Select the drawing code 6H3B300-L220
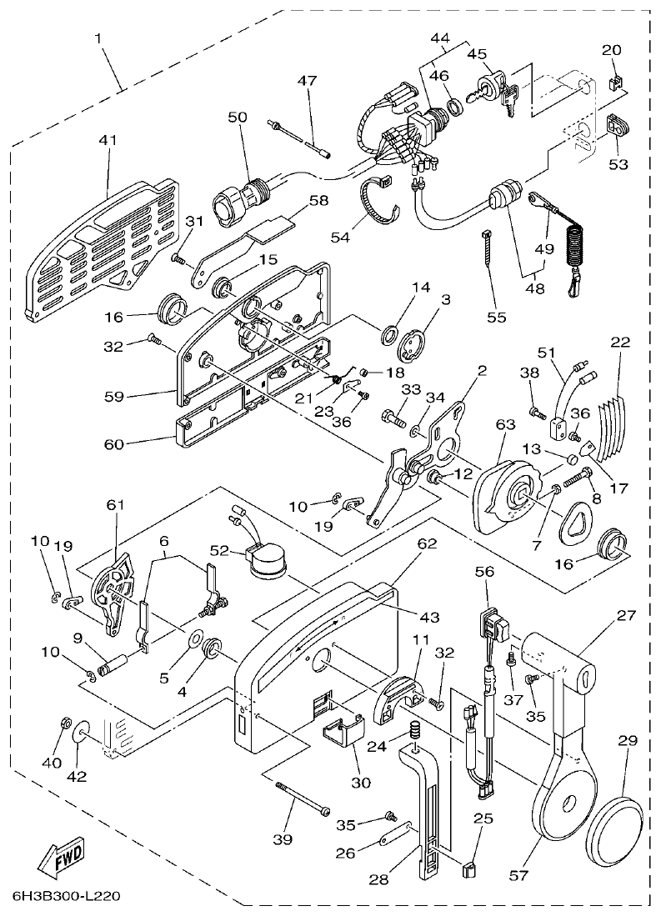67,897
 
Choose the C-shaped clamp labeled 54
380,202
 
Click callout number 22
619,343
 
